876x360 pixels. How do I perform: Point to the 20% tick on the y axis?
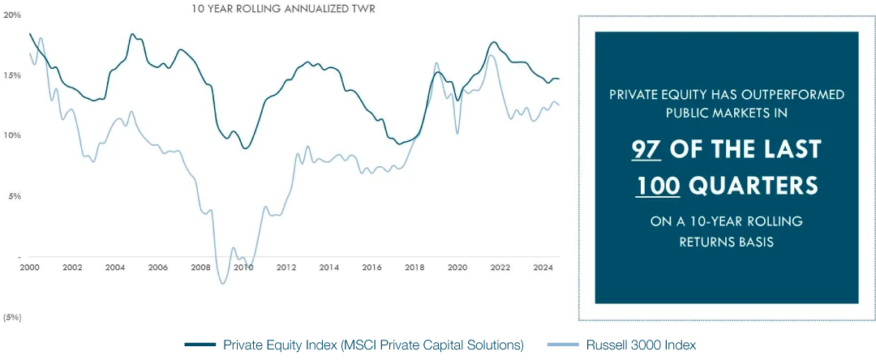click(x=12, y=15)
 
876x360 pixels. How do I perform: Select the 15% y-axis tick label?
click(x=12, y=75)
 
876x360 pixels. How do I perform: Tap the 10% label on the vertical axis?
click(x=12, y=135)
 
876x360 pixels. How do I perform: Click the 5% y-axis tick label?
click(x=15, y=195)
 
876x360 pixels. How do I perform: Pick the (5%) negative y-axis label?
click(x=12, y=316)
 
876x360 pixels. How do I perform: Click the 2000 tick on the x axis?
click(x=29, y=267)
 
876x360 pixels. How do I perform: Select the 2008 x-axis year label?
click(x=200, y=267)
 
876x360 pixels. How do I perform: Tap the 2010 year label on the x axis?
click(x=243, y=267)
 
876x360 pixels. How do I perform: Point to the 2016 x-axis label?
click(x=371, y=267)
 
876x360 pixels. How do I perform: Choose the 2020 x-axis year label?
click(x=457, y=267)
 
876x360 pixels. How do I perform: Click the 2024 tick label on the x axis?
click(x=543, y=267)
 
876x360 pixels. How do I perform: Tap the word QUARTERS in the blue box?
click(x=754, y=186)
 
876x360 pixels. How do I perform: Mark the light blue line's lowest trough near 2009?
click(x=222, y=283)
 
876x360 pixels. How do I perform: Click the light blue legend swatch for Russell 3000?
click(x=563, y=345)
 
